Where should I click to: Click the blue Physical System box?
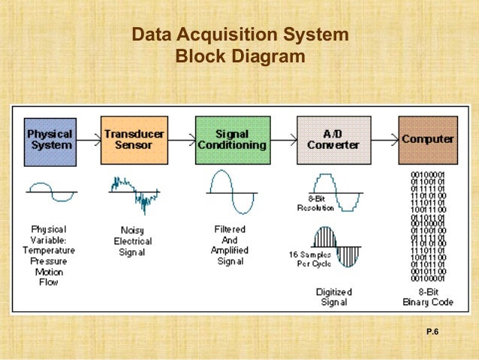coord(50,140)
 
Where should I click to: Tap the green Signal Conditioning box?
coord(230,140)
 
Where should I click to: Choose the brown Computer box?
coord(427,140)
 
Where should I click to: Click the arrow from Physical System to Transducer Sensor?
coord(88,139)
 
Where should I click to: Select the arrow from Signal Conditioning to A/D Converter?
coord(282,139)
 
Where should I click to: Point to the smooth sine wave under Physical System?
coord(50,193)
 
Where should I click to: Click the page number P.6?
coord(432,331)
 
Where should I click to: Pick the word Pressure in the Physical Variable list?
coord(49,261)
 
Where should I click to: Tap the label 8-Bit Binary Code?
coord(426,297)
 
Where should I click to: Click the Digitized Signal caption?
coord(333,297)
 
